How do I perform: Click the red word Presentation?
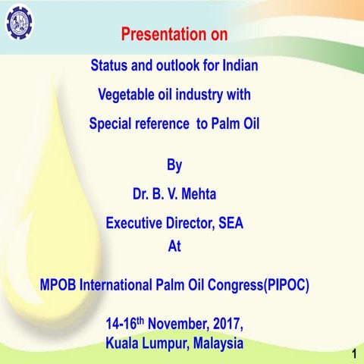pyautogui.click(x=154, y=35)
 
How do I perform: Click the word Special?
pyautogui.click(x=112, y=124)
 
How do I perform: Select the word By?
pyautogui.click(x=174, y=165)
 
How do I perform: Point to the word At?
pyautogui.click(x=174, y=246)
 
